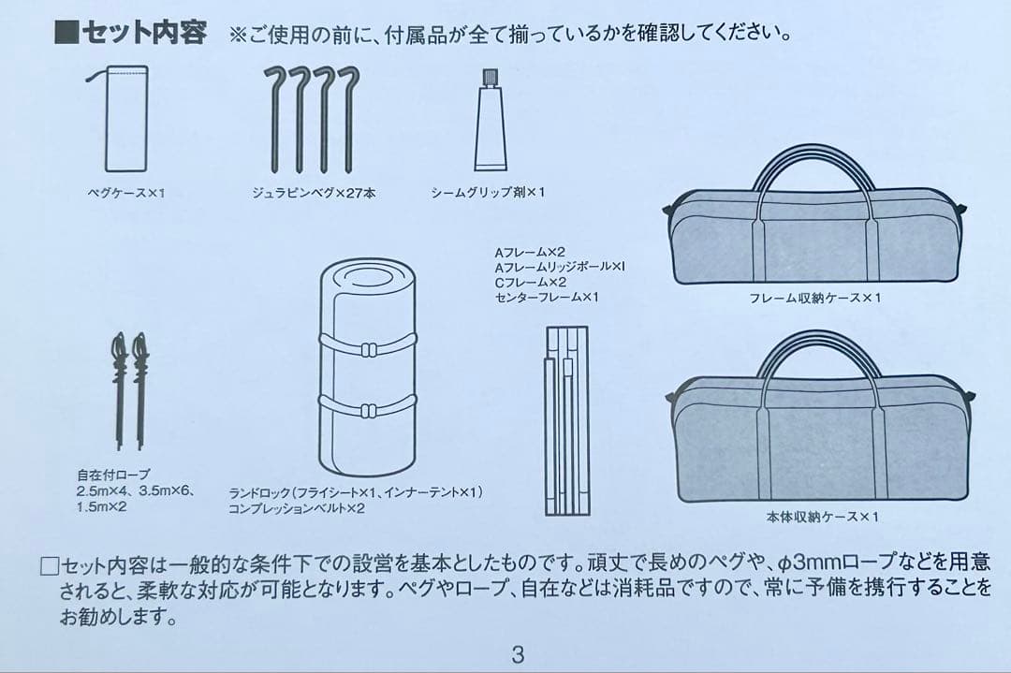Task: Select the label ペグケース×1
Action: click(x=125, y=193)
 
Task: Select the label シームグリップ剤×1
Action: click(x=487, y=193)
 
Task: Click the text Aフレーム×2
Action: click(x=530, y=252)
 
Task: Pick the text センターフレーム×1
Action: click(x=546, y=297)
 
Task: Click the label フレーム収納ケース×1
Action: click(x=814, y=298)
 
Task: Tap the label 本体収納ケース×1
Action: click(x=817, y=516)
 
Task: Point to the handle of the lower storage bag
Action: click(x=819, y=350)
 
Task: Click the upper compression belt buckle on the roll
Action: click(x=367, y=348)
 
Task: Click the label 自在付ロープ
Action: click(x=113, y=474)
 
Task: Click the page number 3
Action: click(x=518, y=654)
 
